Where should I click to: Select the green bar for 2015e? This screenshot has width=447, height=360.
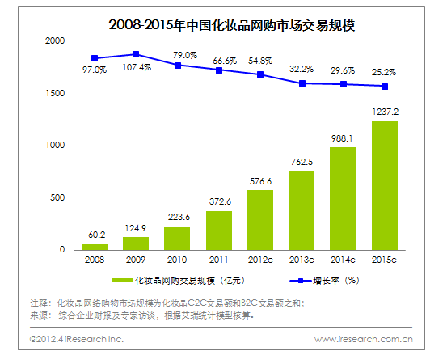click(384, 185)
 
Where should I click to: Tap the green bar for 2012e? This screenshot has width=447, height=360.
click(260, 219)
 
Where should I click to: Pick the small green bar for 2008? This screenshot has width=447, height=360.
click(95, 246)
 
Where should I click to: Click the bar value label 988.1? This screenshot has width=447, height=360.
click(343, 138)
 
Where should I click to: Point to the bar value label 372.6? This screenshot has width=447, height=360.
click(219, 202)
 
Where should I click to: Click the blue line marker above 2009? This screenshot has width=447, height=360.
click(136, 54)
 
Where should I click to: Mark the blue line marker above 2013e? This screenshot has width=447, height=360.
click(302, 83)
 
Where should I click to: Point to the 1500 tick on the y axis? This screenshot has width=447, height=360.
click(55, 93)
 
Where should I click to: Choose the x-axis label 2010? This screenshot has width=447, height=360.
click(177, 259)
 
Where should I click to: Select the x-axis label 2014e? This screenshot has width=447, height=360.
click(343, 259)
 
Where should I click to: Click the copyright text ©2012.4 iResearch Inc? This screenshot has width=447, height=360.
click(77, 339)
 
